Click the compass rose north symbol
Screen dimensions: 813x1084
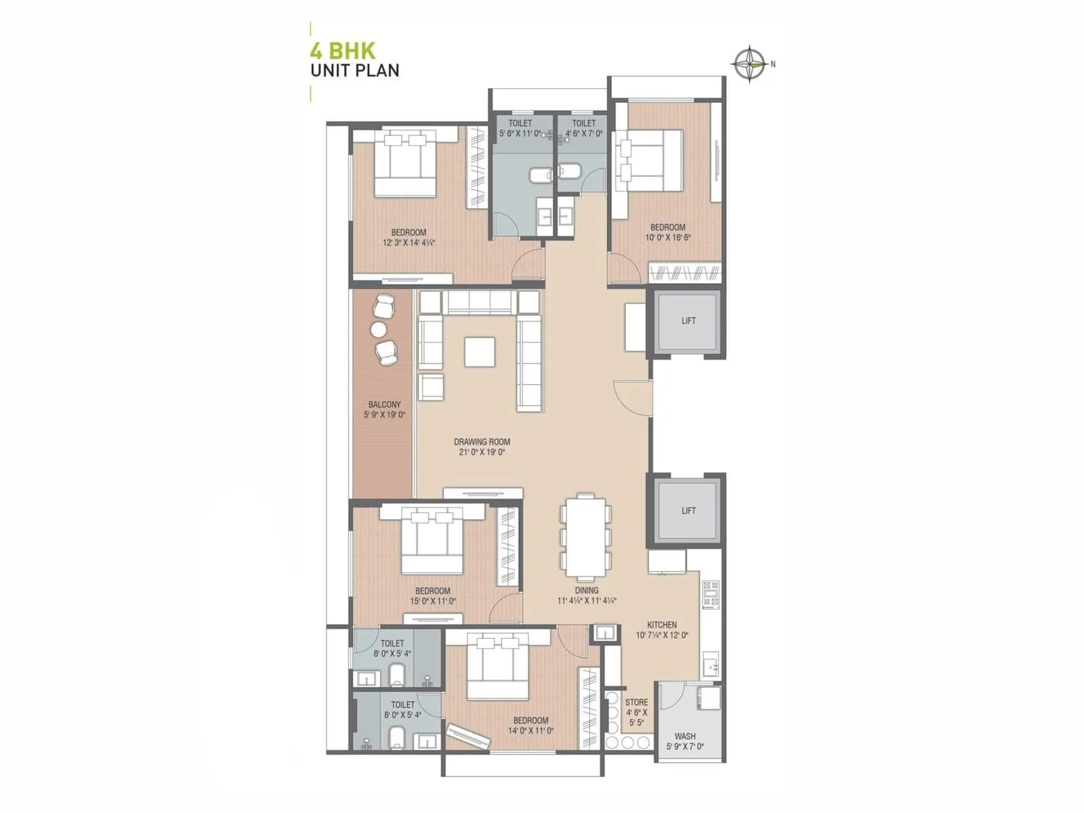click(750, 64)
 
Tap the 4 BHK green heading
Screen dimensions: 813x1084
click(342, 51)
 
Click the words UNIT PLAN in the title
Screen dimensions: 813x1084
click(354, 70)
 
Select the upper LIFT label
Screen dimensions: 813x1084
click(688, 320)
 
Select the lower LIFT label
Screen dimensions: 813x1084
click(688, 511)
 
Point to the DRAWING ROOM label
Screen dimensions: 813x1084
click(482, 442)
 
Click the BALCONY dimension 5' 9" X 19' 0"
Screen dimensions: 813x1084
click(384, 415)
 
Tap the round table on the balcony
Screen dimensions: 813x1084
click(378, 330)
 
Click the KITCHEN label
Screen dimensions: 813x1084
click(662, 625)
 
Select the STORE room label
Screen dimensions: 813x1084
click(636, 703)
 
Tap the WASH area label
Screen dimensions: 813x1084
click(685, 736)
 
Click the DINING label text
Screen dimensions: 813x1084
click(587, 590)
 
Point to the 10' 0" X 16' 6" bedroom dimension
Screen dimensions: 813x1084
click(668, 238)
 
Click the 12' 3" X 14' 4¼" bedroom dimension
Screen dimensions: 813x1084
click(409, 243)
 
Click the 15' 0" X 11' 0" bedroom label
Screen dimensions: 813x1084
click(433, 601)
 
